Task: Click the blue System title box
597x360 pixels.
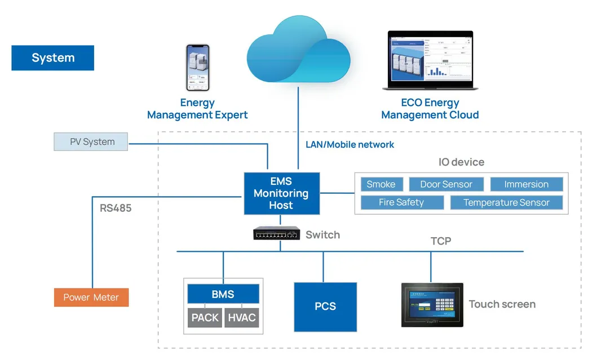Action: point(52,58)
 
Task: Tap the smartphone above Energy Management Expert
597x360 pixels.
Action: point(197,68)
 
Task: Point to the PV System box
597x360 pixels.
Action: point(91,142)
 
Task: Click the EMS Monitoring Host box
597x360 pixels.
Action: point(281,193)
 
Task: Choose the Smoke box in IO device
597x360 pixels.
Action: point(381,184)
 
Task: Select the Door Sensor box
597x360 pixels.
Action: point(446,184)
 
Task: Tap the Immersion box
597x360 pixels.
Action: point(526,184)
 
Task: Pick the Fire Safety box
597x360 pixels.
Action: point(401,202)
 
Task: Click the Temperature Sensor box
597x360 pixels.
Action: point(506,202)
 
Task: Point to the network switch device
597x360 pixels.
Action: point(276,233)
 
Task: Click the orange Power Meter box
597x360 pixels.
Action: point(91,297)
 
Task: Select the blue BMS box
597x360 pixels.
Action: point(223,294)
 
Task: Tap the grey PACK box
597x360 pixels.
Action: point(205,318)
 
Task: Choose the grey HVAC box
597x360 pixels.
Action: point(242,318)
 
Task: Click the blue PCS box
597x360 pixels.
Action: point(325,306)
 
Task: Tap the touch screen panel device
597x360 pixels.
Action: point(432,305)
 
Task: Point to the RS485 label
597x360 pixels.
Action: point(116,208)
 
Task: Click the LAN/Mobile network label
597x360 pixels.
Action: point(350,145)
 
